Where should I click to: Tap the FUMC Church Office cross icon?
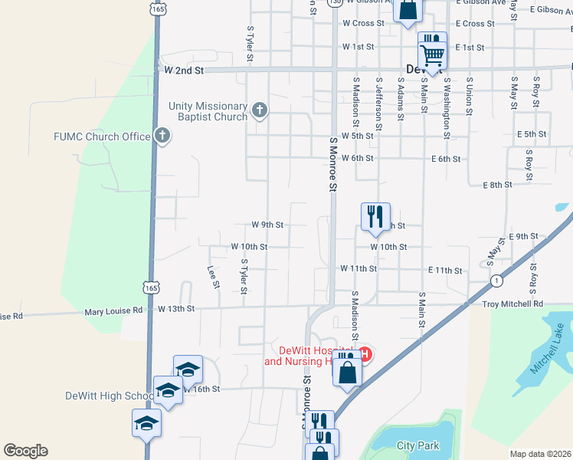pos(162,136)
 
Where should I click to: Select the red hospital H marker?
pos(365,354)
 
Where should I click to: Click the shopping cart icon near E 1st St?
pos(432,54)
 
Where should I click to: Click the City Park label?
pos(418,445)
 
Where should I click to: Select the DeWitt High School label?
pos(110,396)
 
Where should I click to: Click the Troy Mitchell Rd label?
pos(512,304)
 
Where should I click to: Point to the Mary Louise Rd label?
pos(113,310)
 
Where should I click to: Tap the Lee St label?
pos(214,278)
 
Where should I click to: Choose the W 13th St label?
pos(177,308)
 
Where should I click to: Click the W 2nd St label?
pos(184,70)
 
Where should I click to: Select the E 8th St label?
pos(497,186)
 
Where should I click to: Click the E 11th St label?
pos(445,270)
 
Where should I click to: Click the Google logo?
pos(25,451)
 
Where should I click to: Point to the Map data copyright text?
pos(539,454)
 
